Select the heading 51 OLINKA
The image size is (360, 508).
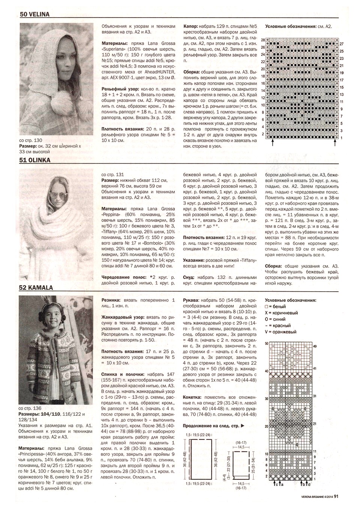pyautogui.click(x=35, y=159)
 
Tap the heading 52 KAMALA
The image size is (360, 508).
pyautogui.click(x=36, y=288)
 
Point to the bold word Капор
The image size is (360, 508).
pyautogui.click(x=191, y=27)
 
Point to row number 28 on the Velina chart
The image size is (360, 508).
pyautogui.click(x=262, y=40)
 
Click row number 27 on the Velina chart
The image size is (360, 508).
pyautogui.click(x=342, y=44)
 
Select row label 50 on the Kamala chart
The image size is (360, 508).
pyautogui.click(x=266, y=343)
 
